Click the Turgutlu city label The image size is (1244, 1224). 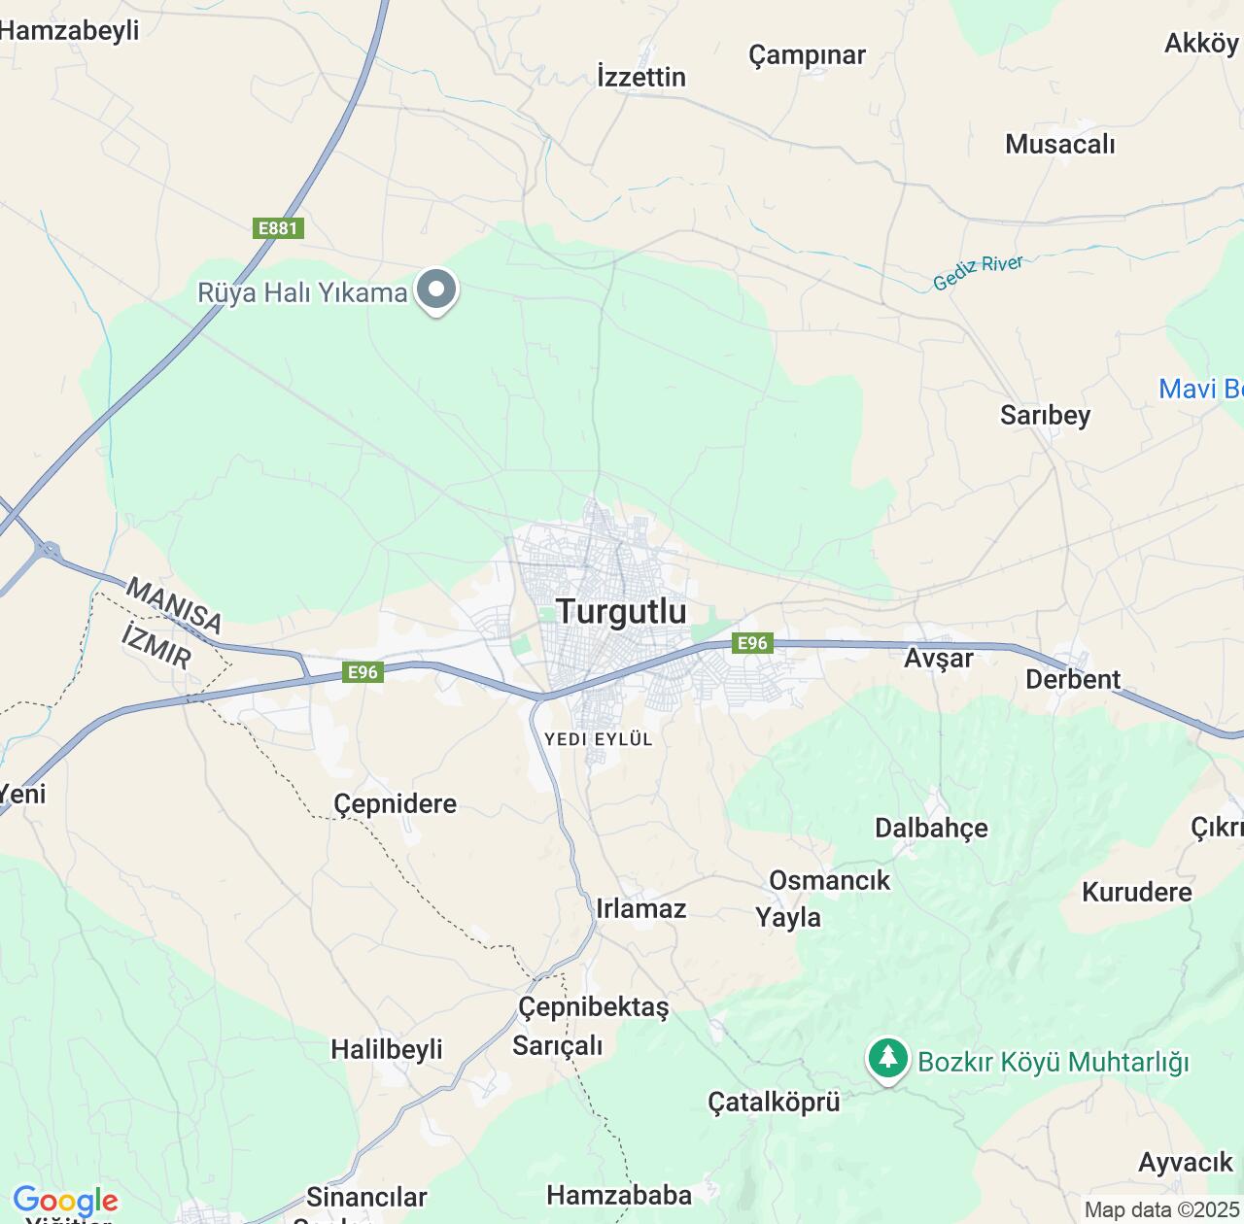tap(621, 611)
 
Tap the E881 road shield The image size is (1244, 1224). tap(278, 228)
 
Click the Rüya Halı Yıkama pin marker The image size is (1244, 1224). tap(436, 289)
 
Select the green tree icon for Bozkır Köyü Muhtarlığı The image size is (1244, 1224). tap(887, 1058)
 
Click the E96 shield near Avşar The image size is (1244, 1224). tap(751, 643)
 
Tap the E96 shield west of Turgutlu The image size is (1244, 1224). tap(363, 672)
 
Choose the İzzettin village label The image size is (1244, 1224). tap(641, 77)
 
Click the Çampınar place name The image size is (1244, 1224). tap(807, 55)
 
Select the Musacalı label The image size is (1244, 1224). tap(1059, 145)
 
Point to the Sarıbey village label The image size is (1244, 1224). tap(1045, 415)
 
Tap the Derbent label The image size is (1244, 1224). tap(1073, 679)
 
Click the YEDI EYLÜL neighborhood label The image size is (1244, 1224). tap(598, 739)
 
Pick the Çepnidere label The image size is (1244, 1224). tap(395, 804)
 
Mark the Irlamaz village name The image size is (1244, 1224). tap(640, 908)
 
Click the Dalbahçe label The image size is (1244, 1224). tap(931, 828)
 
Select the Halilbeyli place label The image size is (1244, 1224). tap(386, 1049)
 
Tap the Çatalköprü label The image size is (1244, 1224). tap(773, 1103)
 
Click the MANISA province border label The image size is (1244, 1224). tap(174, 604)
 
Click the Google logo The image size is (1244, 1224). tap(65, 1201)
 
